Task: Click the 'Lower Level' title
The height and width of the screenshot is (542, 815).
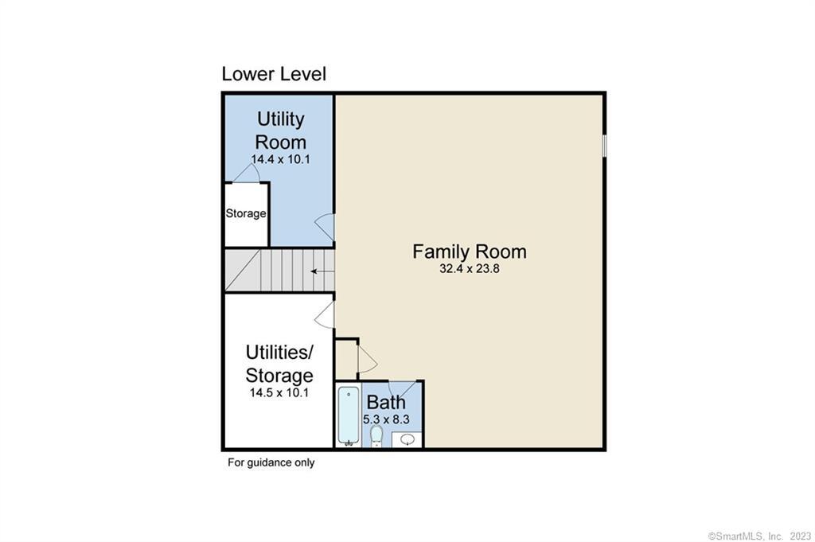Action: pyautogui.click(x=274, y=74)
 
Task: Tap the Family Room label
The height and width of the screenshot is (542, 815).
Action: pyautogui.click(x=470, y=252)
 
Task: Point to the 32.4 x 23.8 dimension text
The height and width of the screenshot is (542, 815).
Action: pyautogui.click(x=470, y=269)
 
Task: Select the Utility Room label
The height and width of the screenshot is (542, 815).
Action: pyautogui.click(x=281, y=131)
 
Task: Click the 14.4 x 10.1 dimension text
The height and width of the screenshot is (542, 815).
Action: pyautogui.click(x=281, y=159)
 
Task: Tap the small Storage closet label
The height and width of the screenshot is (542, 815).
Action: pyautogui.click(x=246, y=213)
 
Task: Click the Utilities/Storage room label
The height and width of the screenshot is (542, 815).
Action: pyautogui.click(x=279, y=364)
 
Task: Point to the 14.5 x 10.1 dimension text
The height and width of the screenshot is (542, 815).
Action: pyautogui.click(x=279, y=392)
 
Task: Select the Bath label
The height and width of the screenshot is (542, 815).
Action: pyautogui.click(x=386, y=402)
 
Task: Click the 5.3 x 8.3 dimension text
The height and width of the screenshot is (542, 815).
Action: pyautogui.click(x=386, y=419)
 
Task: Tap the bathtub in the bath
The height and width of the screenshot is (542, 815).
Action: pyautogui.click(x=349, y=416)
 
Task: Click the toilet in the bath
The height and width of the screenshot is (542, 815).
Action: pyautogui.click(x=376, y=436)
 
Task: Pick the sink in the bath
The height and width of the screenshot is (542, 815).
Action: pyautogui.click(x=407, y=439)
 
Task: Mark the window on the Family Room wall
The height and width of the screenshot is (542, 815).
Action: pyautogui.click(x=605, y=146)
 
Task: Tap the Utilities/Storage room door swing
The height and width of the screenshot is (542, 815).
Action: pyautogui.click(x=325, y=315)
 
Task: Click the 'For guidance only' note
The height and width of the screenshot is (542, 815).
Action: pyautogui.click(x=271, y=462)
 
